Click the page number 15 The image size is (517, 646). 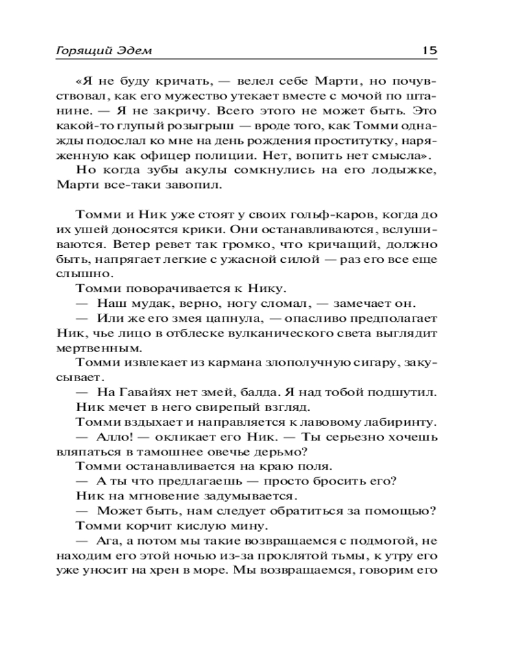coord(429,50)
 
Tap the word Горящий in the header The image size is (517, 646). coord(76,50)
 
